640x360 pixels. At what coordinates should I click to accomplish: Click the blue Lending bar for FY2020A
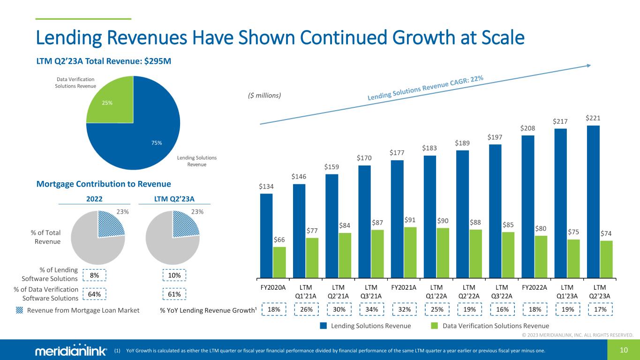point(266,235)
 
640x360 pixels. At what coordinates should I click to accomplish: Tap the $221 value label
point(593,118)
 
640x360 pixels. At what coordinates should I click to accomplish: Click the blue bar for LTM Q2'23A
point(593,201)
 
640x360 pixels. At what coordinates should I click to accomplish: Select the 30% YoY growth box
point(339,310)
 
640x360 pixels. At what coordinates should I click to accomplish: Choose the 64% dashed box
point(94,294)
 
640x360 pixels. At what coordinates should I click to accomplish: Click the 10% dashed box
point(174,276)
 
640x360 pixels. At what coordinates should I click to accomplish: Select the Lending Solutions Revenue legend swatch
point(324,326)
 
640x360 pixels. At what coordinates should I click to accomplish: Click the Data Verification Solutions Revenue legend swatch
point(434,326)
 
